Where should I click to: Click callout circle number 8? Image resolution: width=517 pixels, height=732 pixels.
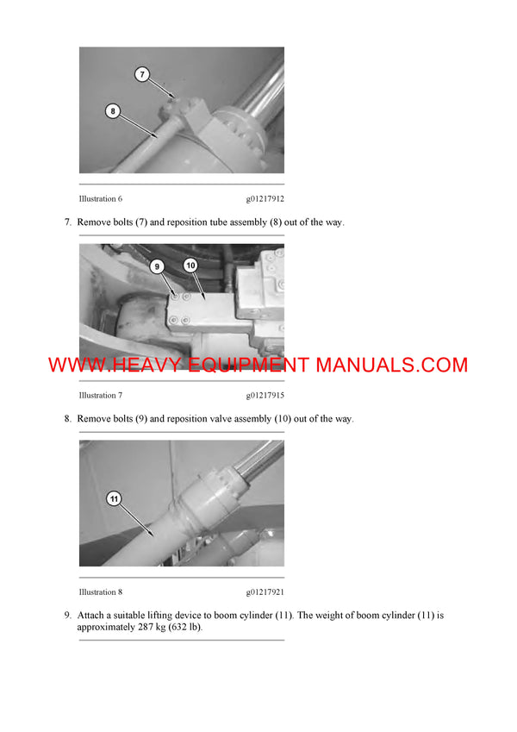[113, 109]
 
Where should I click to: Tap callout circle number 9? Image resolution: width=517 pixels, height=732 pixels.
[157, 266]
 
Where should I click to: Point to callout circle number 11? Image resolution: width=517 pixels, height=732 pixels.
[115, 498]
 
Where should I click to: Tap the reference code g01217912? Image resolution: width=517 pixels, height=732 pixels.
[265, 198]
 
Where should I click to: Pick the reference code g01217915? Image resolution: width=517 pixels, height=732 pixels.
[265, 395]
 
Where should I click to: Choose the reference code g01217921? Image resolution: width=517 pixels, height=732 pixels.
[265, 591]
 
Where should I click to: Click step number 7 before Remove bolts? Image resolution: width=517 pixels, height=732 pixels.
[67, 222]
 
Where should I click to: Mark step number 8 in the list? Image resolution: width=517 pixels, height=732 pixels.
[67, 419]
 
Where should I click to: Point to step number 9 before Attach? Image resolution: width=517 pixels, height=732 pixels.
[67, 616]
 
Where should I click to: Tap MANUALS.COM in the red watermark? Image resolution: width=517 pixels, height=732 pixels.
[392, 365]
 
